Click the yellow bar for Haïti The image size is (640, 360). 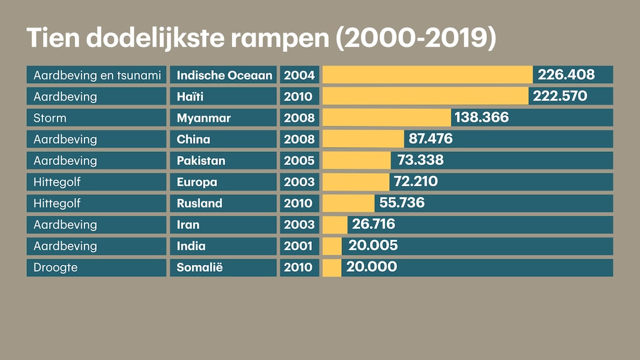(x=425, y=96)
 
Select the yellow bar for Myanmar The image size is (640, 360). (x=386, y=117)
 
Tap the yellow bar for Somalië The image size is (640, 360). (x=332, y=267)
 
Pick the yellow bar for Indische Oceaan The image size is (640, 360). (x=427, y=75)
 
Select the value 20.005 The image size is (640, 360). (x=372, y=246)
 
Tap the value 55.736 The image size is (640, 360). (x=402, y=203)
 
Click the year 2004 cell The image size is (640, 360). (x=299, y=75)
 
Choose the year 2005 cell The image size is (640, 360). (x=299, y=161)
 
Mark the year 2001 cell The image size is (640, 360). (x=299, y=246)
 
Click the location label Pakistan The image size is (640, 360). (x=201, y=161)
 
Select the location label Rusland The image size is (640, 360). (x=199, y=203)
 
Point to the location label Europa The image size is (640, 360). (x=197, y=182)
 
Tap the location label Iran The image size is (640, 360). (x=188, y=224)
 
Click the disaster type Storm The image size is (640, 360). (x=50, y=117)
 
